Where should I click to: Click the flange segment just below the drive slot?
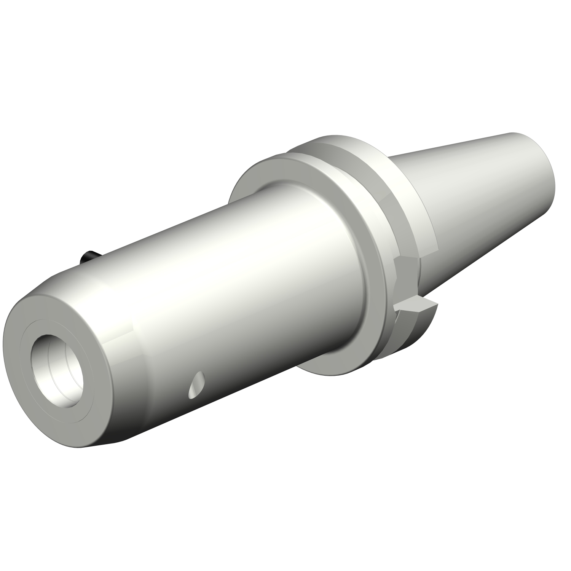(x=411, y=331)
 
